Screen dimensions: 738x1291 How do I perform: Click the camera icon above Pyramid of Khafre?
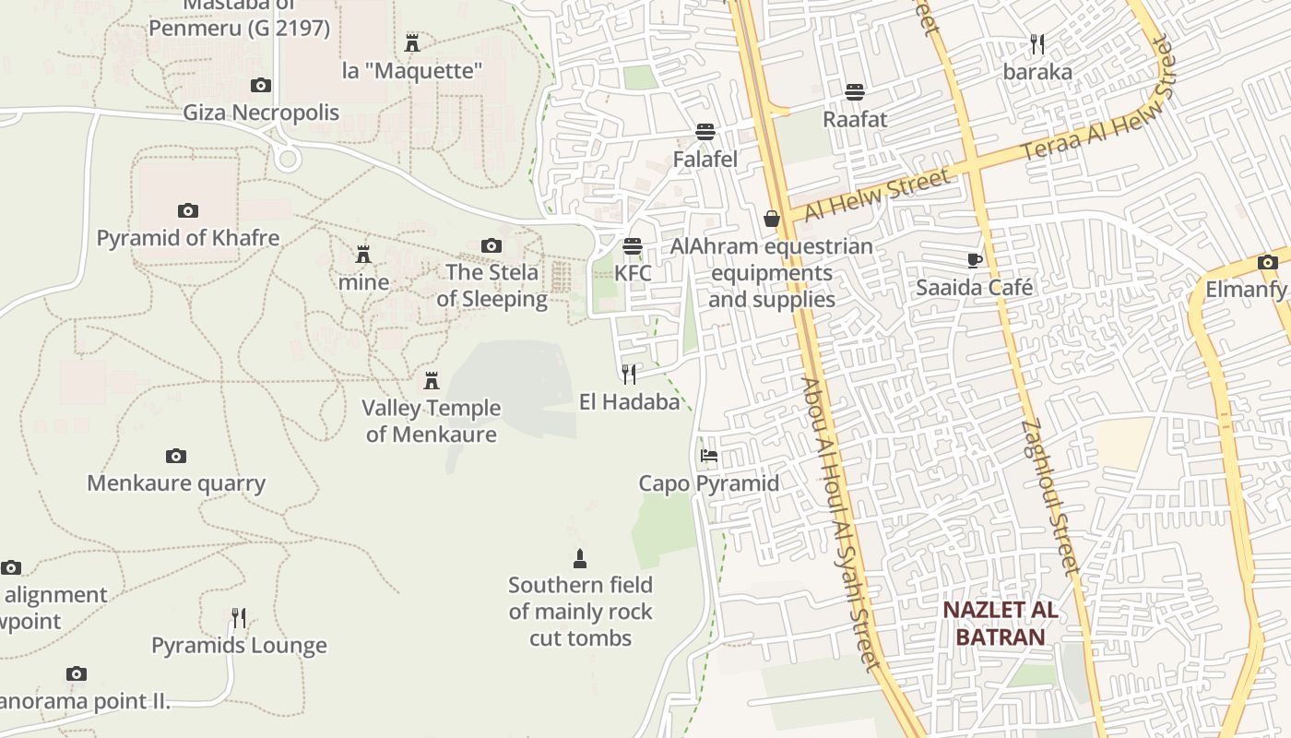coord(187,210)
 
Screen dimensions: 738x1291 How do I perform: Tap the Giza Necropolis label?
coord(261,113)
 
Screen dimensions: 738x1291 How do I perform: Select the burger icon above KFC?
coord(632,246)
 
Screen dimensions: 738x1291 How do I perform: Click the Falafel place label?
coord(705,160)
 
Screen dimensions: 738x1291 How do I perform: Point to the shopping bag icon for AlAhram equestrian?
coord(772,219)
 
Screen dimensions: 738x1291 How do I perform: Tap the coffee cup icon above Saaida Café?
coord(975,260)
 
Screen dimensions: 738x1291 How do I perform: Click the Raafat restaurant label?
coord(855,119)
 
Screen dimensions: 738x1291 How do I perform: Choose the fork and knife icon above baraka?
coord(1037,44)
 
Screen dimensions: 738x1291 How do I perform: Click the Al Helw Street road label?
coord(876,195)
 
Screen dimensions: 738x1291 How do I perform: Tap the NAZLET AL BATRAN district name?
coord(1001,624)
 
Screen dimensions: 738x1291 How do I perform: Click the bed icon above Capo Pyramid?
coord(708,456)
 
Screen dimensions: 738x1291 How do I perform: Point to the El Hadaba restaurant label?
coord(629,402)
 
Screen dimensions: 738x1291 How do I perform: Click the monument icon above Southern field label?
coord(580,558)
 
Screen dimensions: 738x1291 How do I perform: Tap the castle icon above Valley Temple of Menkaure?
coord(431,380)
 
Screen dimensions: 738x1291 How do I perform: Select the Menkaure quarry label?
coord(176,483)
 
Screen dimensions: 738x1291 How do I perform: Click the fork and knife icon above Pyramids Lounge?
coord(239,618)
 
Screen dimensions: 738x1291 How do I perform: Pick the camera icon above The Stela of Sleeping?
coord(492,245)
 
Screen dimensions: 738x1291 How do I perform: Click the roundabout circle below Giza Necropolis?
coord(288,160)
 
